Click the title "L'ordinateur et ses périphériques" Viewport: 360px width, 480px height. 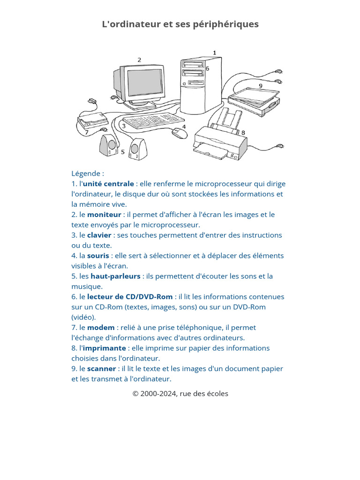(180, 24)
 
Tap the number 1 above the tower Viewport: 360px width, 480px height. (215, 52)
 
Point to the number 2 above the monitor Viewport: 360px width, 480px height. (139, 60)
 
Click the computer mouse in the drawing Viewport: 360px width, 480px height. (179, 133)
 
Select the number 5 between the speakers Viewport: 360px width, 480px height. (123, 152)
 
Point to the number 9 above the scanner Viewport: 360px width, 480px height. (261, 86)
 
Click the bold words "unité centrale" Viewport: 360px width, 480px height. (108, 184)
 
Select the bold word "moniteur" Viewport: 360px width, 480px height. (104, 215)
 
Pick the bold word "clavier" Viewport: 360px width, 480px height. (99, 235)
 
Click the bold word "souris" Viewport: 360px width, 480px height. (98, 256)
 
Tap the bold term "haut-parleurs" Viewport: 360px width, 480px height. (115, 277)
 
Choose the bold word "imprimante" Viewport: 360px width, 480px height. (105, 348)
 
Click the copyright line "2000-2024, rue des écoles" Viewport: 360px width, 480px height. (180, 394)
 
